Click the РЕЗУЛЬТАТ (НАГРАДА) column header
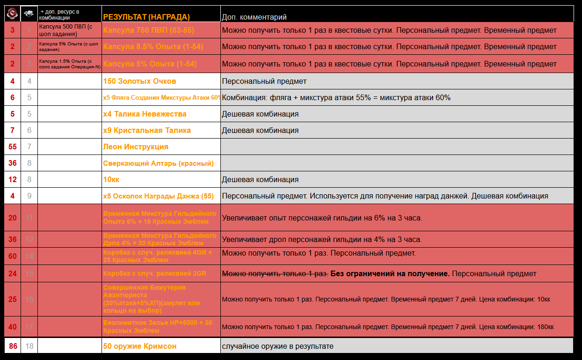coord(146,17)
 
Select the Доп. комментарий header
coord(254,17)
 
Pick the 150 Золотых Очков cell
coord(139,81)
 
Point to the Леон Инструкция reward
coord(136,147)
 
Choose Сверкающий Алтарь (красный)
coord(158,163)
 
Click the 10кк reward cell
coord(111,179)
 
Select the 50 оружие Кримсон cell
coord(139,346)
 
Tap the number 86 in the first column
coord(13,346)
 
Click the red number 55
coord(13,147)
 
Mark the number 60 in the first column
coord(13,256)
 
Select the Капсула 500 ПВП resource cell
coord(69,30)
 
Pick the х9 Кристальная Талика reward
coord(147,130)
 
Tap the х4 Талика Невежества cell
coord(145,114)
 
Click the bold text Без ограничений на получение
coord(390,273)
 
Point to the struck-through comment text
coord(275,273)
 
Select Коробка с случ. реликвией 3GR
coord(154,273)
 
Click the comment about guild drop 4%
coord(322,239)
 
